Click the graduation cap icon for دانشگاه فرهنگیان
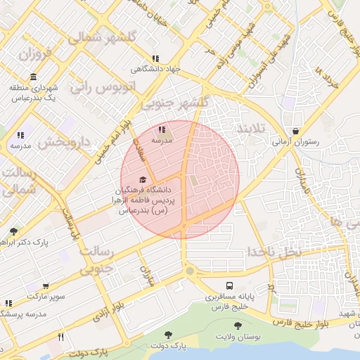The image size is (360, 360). pos(144,179)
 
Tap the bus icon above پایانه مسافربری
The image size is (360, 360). pos(230,285)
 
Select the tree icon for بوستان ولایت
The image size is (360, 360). pos(237,326)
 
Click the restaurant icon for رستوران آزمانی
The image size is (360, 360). pos(295,131)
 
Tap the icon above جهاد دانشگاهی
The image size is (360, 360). pos(155,59)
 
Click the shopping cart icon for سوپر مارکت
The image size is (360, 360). pos(46,287)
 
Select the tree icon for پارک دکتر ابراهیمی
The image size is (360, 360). pos(13,231)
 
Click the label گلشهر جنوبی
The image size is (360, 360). pos(175,103)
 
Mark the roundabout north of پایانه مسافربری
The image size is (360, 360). pos(189,271)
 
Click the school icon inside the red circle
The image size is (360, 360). pos(161,129)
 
